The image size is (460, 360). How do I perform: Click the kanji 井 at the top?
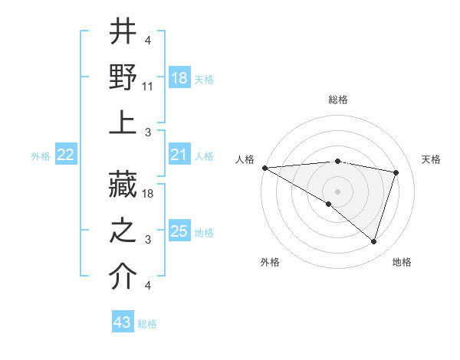pyautogui.click(x=123, y=33)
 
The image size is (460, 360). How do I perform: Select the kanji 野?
pyautogui.click(x=123, y=77)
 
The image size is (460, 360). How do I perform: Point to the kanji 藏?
pyautogui.click(x=123, y=185)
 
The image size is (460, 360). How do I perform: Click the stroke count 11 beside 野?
pyautogui.click(x=148, y=86)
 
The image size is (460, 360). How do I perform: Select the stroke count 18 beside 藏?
pyautogui.click(x=148, y=195)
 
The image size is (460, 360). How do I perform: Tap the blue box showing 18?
pyautogui.click(x=179, y=78)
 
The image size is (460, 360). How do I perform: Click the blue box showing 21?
pyautogui.click(x=179, y=155)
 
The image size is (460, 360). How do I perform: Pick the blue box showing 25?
pyautogui.click(x=179, y=231)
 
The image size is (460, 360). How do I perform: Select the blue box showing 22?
pyautogui.click(x=66, y=155)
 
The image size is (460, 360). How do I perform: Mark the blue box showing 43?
pyautogui.click(x=122, y=323)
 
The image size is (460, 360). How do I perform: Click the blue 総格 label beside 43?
pyautogui.click(x=147, y=324)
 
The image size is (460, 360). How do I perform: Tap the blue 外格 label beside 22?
pyautogui.click(x=41, y=156)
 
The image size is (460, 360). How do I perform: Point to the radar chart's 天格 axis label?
pyautogui.click(x=431, y=159)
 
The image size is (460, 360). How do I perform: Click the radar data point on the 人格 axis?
pyautogui.click(x=264, y=168)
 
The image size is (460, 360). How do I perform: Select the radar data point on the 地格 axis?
pyautogui.click(x=373, y=241)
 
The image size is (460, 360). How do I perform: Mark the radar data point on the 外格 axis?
pyautogui.click(x=329, y=204)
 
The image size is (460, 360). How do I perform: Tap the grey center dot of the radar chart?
pyautogui.click(x=337, y=191)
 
